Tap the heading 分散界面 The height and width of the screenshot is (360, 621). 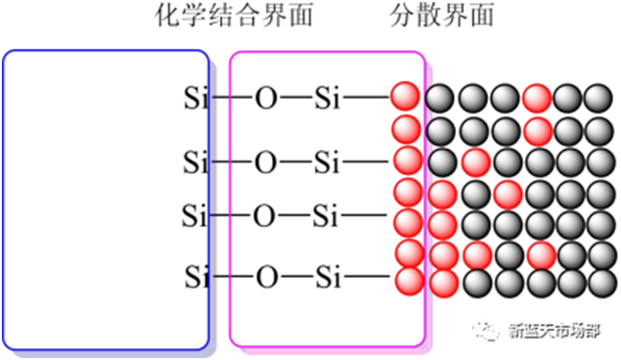[x=442, y=17]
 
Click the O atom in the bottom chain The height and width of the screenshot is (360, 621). [x=266, y=278]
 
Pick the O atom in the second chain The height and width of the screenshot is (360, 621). [x=266, y=160]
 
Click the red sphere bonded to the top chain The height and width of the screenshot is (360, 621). [x=404, y=97]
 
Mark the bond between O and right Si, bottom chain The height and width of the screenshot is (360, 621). [x=296, y=278]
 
